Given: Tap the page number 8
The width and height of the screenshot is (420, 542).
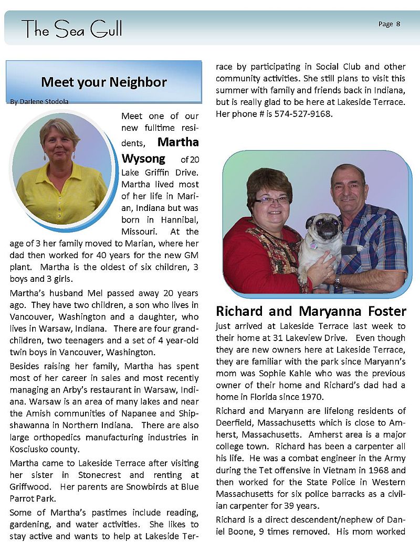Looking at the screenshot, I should click(x=398, y=24).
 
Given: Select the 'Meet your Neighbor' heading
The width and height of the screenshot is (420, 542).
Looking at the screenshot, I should click(x=103, y=82).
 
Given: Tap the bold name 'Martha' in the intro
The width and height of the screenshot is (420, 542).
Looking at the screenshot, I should click(x=178, y=142).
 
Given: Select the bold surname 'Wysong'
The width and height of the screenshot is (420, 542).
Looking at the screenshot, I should click(x=143, y=158).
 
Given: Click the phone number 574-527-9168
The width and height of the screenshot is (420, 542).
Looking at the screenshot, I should click(x=304, y=113).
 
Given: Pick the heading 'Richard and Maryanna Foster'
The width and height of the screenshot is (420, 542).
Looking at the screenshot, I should click(x=311, y=311).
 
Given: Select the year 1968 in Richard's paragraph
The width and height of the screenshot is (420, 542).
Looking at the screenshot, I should click(x=374, y=471).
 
